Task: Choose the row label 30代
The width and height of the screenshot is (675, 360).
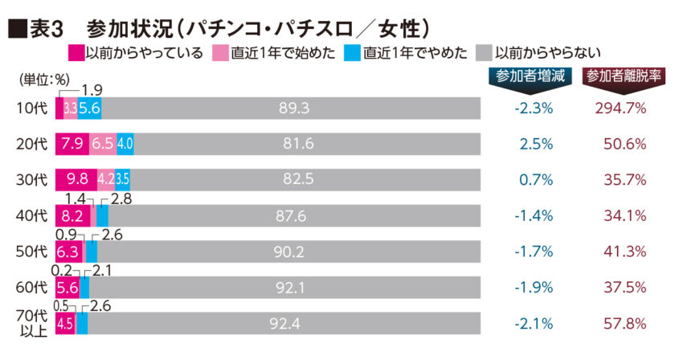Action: click(31, 178)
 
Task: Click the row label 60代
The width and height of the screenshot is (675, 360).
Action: click(31, 287)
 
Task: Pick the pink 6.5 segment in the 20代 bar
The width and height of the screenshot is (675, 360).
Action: click(103, 143)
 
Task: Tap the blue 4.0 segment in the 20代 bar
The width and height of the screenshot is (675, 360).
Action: click(125, 143)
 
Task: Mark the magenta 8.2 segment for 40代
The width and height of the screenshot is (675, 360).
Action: click(72, 215)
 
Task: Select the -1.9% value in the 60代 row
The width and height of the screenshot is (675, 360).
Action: click(533, 287)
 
